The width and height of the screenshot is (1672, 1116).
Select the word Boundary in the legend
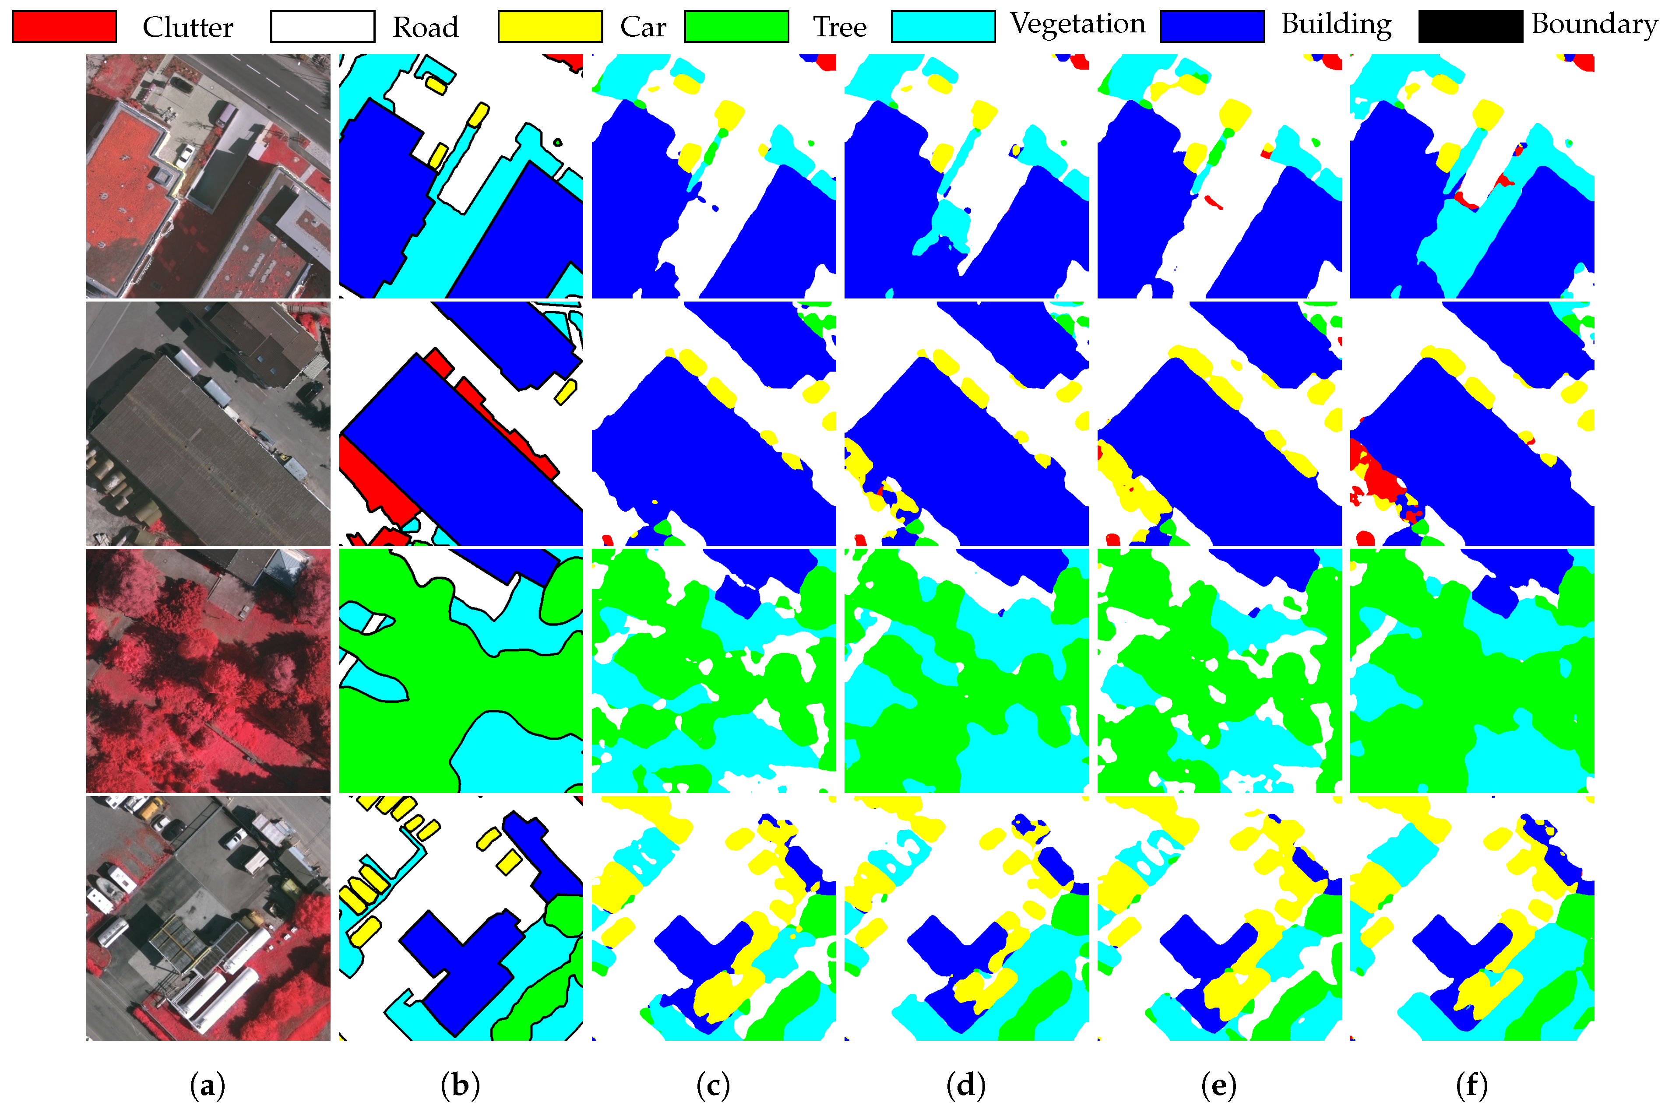(x=1595, y=24)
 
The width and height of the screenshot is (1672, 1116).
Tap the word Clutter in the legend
(x=187, y=28)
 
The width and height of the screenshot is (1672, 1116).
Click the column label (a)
(x=208, y=1085)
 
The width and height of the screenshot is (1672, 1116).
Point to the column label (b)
(x=461, y=1085)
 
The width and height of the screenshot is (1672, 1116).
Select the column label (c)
(x=713, y=1085)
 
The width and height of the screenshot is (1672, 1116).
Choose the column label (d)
(x=966, y=1085)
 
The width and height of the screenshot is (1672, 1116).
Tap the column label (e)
(x=1218, y=1085)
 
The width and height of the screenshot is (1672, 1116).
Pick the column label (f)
(x=1472, y=1085)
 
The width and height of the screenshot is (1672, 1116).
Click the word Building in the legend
(x=1336, y=24)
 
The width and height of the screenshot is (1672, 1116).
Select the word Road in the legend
(x=426, y=28)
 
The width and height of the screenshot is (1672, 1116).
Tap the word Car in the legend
(x=643, y=28)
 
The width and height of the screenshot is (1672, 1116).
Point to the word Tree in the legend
(x=840, y=28)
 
